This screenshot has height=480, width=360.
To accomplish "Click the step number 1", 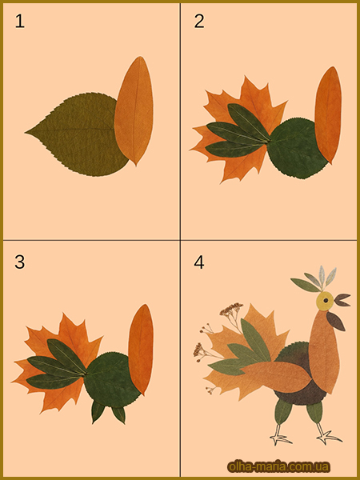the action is (x=20, y=22).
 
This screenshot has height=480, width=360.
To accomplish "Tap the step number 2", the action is (x=199, y=22).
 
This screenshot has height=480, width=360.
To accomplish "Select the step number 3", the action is (x=19, y=262).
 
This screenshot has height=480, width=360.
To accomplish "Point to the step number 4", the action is (x=199, y=262).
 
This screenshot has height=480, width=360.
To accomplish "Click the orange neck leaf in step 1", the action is (x=134, y=111).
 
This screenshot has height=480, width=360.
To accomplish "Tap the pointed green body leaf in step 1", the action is (x=77, y=134).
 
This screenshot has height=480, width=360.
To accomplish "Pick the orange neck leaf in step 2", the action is (x=328, y=114).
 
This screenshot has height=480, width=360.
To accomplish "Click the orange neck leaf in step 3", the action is (x=141, y=349).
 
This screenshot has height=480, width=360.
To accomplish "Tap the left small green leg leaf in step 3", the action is (x=98, y=411).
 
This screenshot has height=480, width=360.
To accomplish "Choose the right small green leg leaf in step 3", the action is (x=118, y=414).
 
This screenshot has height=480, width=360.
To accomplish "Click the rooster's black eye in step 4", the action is (x=326, y=301).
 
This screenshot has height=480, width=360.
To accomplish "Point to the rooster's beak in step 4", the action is (x=342, y=300).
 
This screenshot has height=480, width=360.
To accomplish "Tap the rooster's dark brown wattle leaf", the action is (x=335, y=321).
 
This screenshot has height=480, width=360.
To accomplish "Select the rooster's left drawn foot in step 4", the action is (x=280, y=434).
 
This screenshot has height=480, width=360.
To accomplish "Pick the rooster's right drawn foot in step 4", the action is (x=327, y=434).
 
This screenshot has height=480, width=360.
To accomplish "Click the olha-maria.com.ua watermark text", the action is (x=278, y=467).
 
